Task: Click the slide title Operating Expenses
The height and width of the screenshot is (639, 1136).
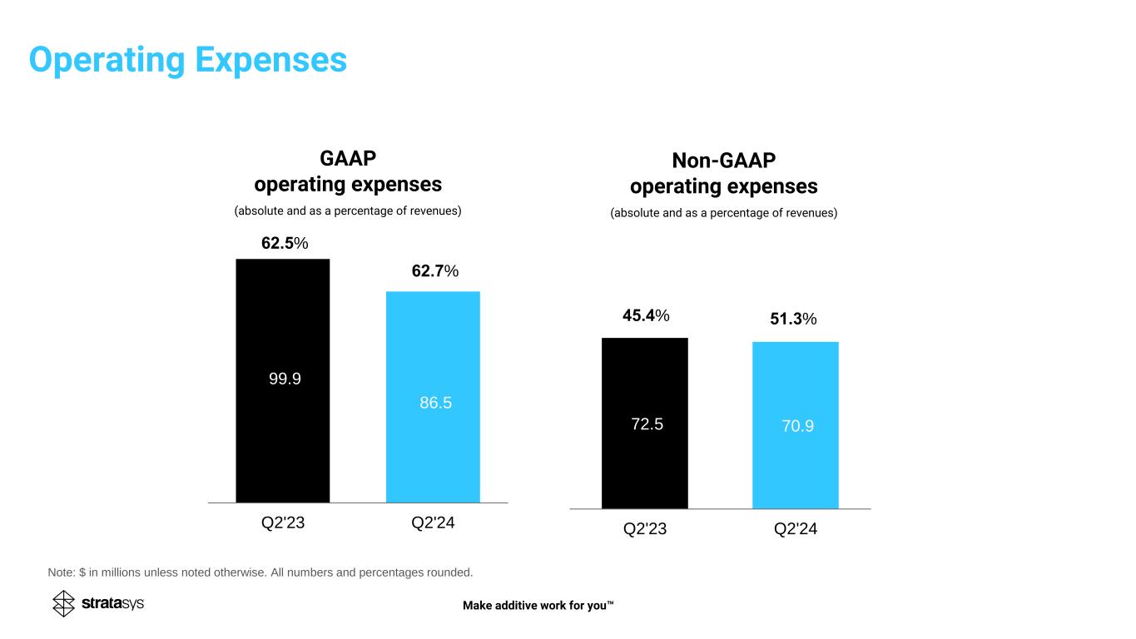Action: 188,60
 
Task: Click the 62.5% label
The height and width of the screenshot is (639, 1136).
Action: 285,243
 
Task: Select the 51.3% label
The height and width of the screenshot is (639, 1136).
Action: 792,319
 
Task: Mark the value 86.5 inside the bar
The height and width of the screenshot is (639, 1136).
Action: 436,403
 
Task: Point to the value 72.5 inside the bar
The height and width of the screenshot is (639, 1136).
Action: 646,424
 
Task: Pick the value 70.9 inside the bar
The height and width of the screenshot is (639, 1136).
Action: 796,426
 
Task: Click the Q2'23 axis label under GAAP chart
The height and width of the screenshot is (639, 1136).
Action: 284,524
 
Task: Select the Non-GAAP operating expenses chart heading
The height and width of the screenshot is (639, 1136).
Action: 723,173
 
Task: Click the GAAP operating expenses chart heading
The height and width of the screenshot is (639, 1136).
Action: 347,171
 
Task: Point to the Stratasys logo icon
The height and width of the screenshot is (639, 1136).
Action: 64,603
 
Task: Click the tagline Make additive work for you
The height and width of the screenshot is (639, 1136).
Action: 538,605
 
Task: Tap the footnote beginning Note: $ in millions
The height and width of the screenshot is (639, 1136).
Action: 260,572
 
